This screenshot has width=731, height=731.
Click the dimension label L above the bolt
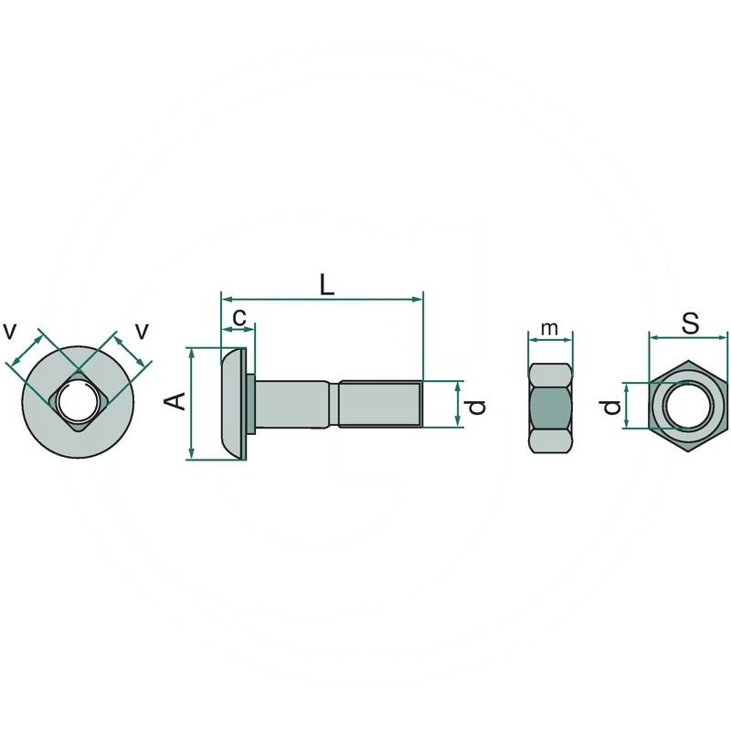[x=327, y=285]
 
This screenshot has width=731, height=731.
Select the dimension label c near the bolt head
[x=239, y=317]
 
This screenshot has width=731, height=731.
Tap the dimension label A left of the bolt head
[x=176, y=401]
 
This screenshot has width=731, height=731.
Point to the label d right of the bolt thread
[x=476, y=407]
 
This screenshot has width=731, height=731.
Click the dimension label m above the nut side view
[x=550, y=328]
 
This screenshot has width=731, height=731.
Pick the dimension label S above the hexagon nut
[x=690, y=323]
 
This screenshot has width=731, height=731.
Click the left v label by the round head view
[x=10, y=332]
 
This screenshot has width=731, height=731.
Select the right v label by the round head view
[x=142, y=332]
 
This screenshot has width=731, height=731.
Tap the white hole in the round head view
[x=78, y=402]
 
